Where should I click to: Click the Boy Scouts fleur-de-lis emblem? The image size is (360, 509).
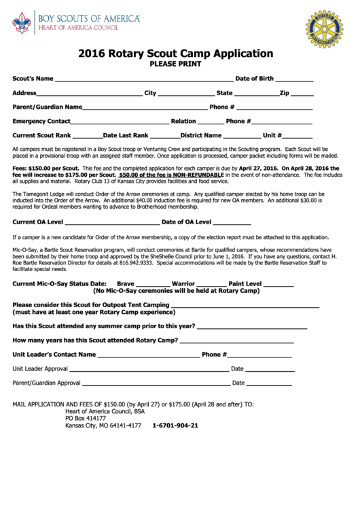click(21, 25)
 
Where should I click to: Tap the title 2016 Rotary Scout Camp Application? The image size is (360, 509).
click(175, 54)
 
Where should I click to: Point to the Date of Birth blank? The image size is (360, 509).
click(294, 80)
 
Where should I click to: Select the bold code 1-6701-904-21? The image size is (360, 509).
click(175, 426)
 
